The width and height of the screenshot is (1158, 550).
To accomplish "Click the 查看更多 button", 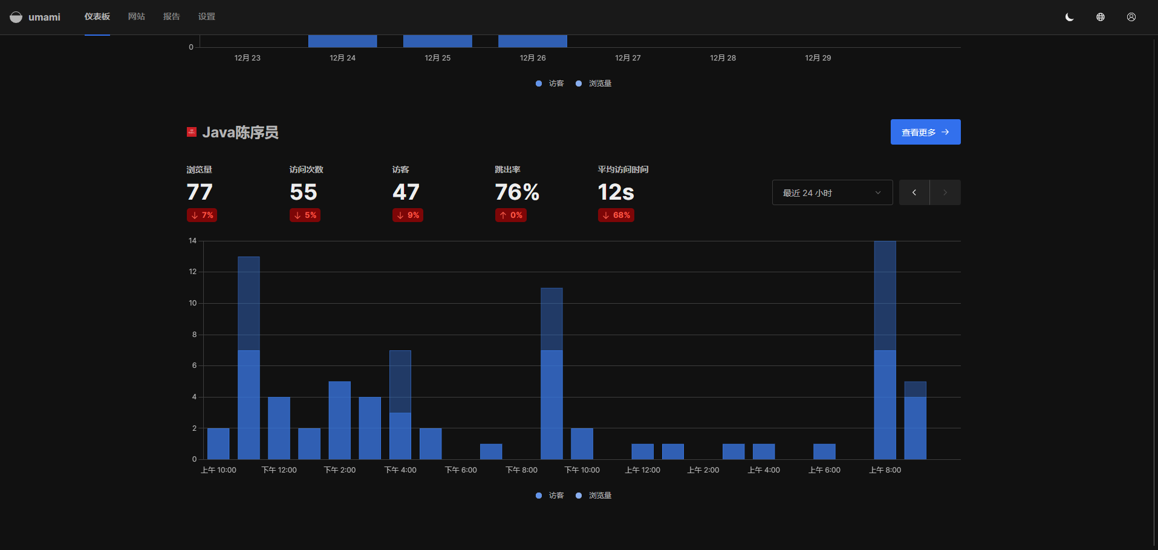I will tap(925, 132).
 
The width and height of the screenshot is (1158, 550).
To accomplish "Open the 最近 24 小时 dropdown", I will tap(832, 192).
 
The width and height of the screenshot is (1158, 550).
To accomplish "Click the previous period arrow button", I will tap(914, 192).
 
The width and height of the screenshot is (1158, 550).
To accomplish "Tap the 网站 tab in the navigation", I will tap(137, 16).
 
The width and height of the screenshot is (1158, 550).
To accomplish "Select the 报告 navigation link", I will tap(172, 16).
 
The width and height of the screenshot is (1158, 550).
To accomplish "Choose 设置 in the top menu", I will tap(207, 16).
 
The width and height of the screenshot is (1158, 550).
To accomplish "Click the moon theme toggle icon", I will tap(1069, 17).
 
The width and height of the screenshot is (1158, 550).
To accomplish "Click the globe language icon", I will tap(1101, 17).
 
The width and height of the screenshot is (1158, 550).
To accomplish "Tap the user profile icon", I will tap(1131, 17).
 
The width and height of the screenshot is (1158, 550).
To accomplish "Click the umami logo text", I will tap(44, 17).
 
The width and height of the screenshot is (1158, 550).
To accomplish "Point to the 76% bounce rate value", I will tap(517, 192).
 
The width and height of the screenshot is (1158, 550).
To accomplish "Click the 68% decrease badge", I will tap(616, 215).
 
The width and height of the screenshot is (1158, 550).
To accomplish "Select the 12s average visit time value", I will tap(616, 192).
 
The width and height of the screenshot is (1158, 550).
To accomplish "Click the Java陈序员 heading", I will tap(240, 133).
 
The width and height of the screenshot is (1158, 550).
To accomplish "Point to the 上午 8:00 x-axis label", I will tap(885, 470).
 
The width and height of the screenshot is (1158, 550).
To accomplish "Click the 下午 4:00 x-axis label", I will tap(400, 470).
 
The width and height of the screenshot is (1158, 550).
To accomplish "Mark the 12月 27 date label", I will tap(628, 58).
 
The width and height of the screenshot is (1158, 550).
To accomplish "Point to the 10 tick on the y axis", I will tap(193, 303).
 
